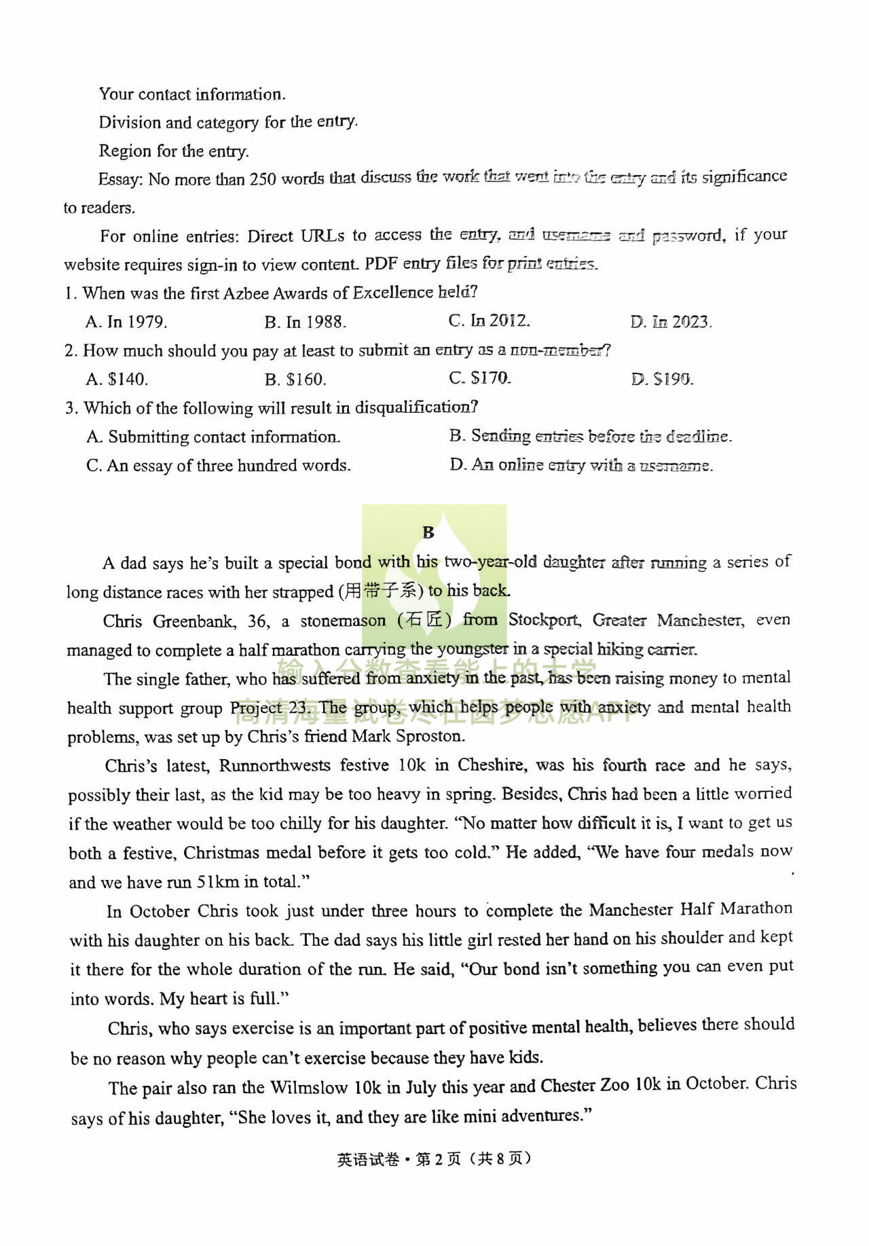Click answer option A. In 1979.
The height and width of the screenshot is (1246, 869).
click(126, 322)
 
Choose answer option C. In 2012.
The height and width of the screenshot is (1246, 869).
click(489, 320)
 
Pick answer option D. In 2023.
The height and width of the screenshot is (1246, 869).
click(670, 322)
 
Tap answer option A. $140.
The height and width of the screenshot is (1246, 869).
click(117, 379)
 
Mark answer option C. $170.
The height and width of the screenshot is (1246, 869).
click(479, 378)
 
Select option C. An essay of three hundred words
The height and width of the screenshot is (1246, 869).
click(218, 466)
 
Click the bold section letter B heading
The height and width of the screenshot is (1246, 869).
click(428, 532)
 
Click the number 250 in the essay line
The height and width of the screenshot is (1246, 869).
click(263, 179)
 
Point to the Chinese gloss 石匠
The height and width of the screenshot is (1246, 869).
click(424, 621)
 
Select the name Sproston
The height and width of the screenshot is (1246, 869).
click(430, 737)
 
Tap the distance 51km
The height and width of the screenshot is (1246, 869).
click(218, 882)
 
